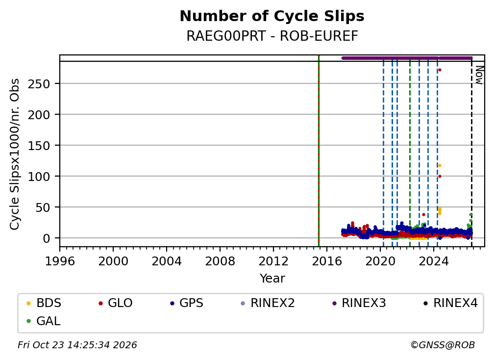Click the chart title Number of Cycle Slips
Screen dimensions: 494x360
coord(272,16)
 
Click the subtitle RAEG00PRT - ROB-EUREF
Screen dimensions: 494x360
coord(272,36)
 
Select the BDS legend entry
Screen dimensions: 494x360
coord(44,303)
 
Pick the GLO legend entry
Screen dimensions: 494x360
coord(115,303)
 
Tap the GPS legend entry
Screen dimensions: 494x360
coord(187,303)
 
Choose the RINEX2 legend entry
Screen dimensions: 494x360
coord(268,303)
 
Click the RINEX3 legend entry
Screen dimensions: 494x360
coord(359,303)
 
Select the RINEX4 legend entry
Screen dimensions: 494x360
coord(450,303)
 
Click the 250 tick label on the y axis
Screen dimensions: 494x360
coord(39,84)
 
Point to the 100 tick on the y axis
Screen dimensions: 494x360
coord(39,177)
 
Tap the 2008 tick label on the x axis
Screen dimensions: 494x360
coord(220,261)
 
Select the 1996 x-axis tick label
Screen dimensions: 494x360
coord(60,261)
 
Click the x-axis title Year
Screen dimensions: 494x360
coord(272,279)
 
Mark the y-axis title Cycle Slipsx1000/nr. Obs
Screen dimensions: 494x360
coord(15,154)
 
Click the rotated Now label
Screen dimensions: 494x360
coord(479,75)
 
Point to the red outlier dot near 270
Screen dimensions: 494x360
coord(440,70)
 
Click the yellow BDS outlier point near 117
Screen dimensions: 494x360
coord(440,165)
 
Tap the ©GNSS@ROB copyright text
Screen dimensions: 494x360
coord(443,345)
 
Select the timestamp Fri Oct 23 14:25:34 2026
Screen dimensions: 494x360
coord(77,345)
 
